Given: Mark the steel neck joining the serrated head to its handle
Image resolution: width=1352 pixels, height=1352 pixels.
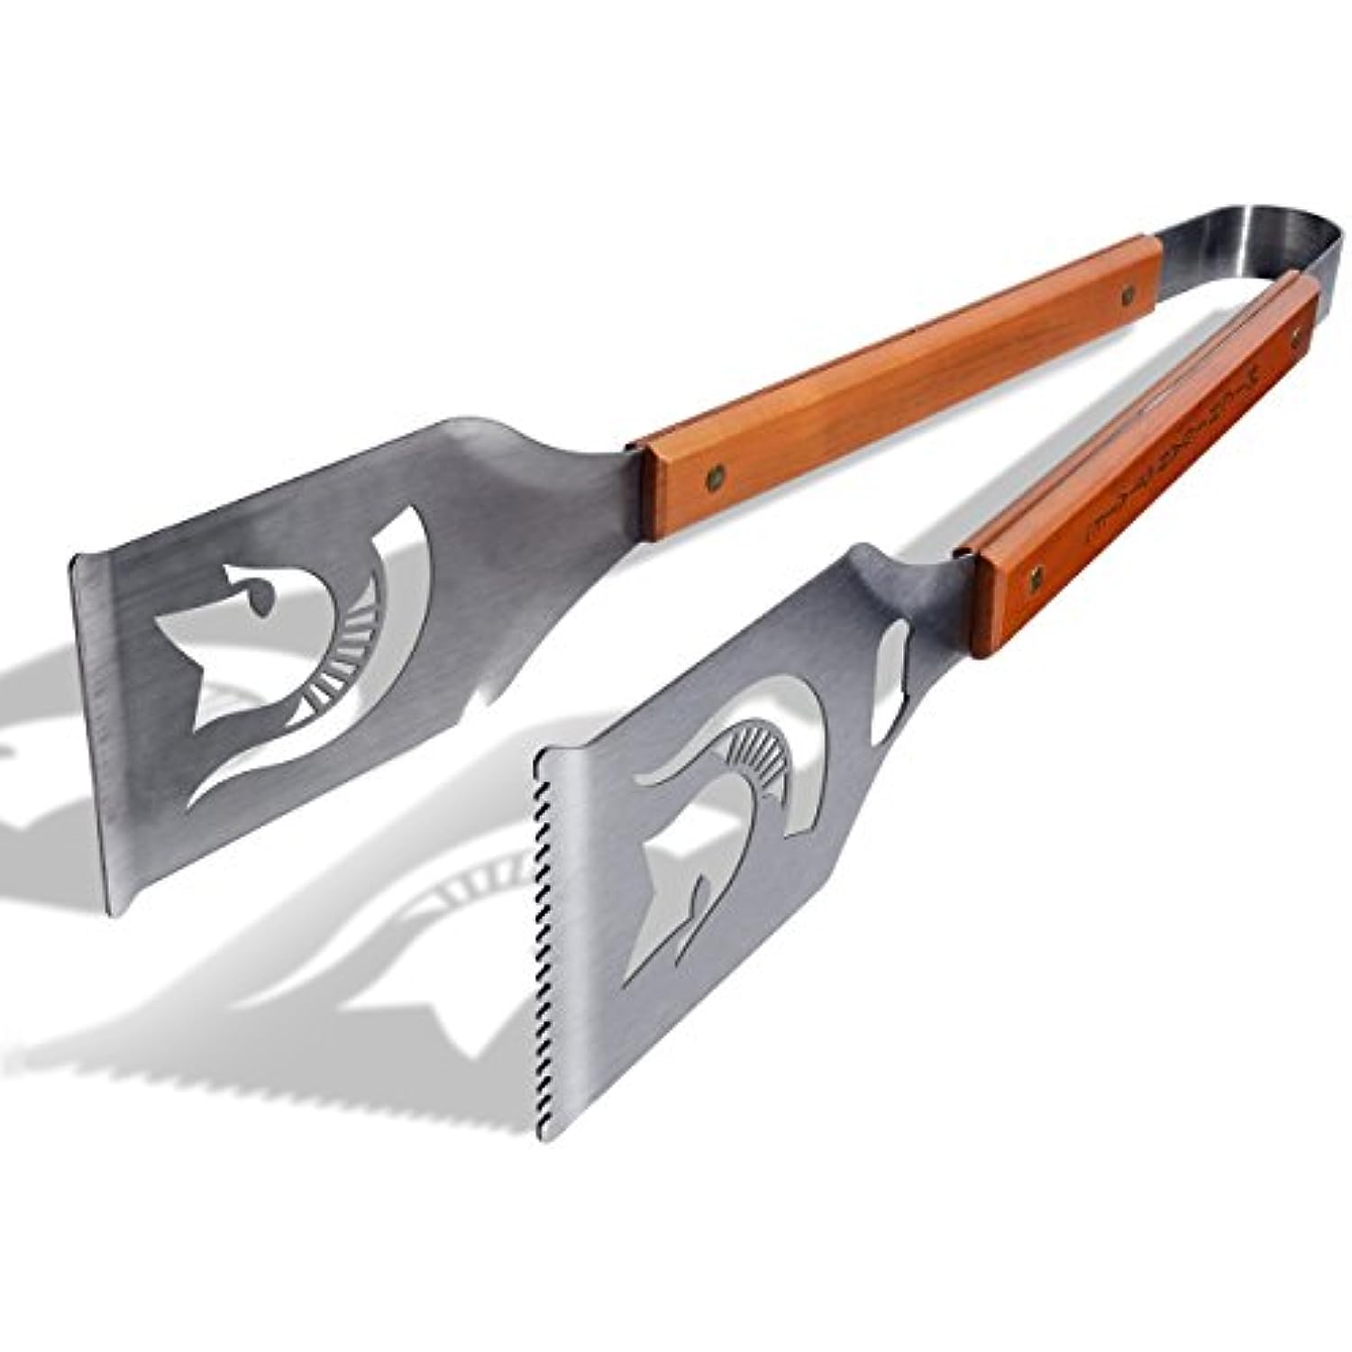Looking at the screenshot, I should click(x=910, y=577).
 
